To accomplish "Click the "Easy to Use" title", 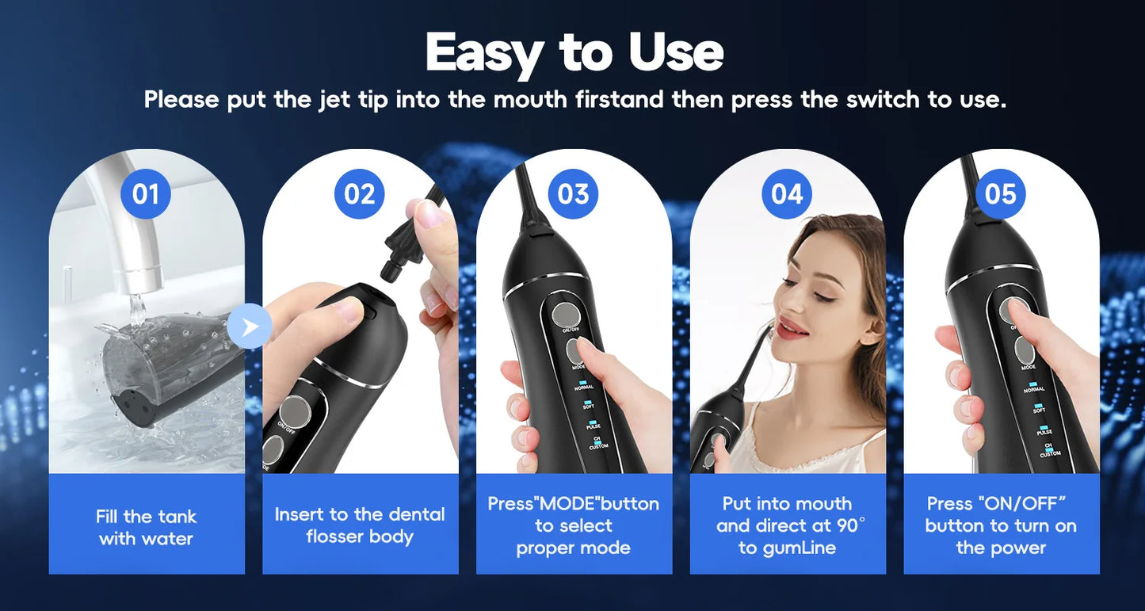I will (x=574, y=52).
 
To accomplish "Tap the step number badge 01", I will (x=146, y=194).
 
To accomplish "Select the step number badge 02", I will (x=360, y=194).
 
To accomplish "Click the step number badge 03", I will (x=573, y=194).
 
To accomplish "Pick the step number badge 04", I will (x=787, y=194).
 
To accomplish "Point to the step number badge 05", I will (x=1001, y=194).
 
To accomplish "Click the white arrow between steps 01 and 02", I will (x=249, y=326).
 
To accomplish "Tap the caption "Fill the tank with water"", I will (x=146, y=527).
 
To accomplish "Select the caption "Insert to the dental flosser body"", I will (x=360, y=525).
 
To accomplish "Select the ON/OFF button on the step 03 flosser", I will (x=567, y=312).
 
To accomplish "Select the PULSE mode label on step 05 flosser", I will (x=1044, y=432).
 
